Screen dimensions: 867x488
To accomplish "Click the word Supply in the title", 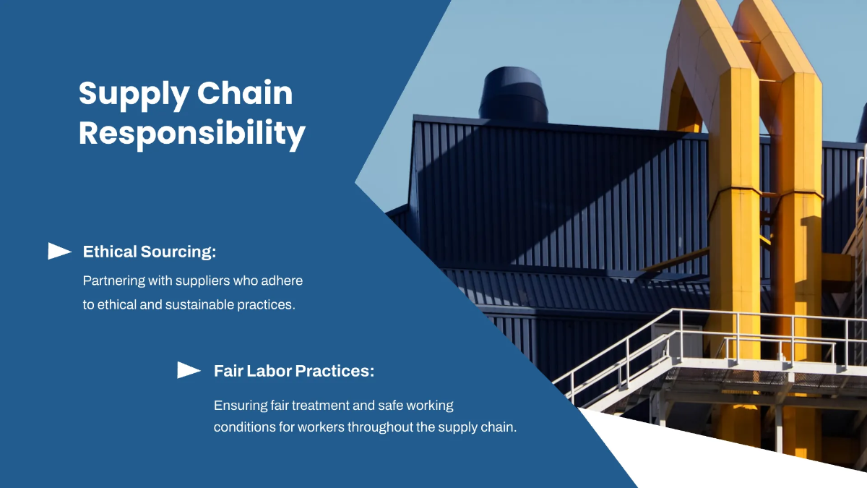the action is point(134,95).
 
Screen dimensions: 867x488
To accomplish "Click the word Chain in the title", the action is point(245,93).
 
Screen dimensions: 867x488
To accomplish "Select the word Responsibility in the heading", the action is point(192,134).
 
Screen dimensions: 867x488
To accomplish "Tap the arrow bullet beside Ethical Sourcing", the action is point(59,251).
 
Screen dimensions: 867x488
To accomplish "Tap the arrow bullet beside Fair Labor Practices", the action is point(189,370).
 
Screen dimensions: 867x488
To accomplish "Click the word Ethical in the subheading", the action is point(110,252).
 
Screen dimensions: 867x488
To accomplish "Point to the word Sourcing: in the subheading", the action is point(178,252).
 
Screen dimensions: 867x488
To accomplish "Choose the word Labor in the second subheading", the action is point(269,371).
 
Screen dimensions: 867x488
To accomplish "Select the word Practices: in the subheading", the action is point(335,371).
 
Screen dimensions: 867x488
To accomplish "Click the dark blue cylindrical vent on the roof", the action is point(513,95).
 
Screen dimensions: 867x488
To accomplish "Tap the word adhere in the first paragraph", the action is point(282,281).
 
